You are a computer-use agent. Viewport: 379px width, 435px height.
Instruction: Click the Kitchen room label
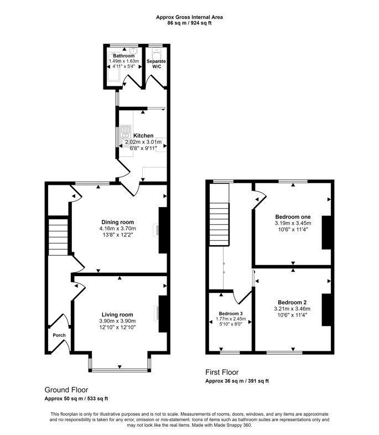click(x=143, y=136)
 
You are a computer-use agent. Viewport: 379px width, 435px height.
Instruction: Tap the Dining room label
click(x=117, y=222)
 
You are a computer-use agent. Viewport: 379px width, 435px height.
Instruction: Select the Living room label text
click(x=117, y=314)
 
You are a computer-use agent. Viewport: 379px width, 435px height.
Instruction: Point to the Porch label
click(x=59, y=335)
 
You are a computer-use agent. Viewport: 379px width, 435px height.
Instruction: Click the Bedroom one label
click(x=293, y=216)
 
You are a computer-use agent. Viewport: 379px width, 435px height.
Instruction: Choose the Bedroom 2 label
click(x=292, y=302)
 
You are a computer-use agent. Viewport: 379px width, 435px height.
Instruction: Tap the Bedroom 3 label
click(x=231, y=313)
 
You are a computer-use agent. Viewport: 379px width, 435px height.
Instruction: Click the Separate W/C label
click(x=157, y=64)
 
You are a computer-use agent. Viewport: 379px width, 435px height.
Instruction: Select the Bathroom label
click(x=123, y=56)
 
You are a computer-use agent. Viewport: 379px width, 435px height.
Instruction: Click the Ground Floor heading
click(x=66, y=390)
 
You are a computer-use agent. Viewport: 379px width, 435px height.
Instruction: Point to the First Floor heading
click(x=222, y=372)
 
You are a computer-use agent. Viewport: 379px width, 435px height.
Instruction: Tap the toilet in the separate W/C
click(x=157, y=54)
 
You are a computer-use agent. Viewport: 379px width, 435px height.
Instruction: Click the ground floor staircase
click(x=58, y=237)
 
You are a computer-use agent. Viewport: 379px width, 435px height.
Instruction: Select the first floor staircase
click(x=219, y=224)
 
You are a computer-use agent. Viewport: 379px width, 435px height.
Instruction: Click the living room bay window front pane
click(x=120, y=370)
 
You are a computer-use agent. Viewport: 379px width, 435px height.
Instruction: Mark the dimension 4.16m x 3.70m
click(x=117, y=229)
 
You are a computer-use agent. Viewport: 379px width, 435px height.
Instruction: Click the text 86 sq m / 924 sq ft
click(x=189, y=23)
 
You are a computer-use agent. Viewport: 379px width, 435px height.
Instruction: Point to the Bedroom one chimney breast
click(x=326, y=232)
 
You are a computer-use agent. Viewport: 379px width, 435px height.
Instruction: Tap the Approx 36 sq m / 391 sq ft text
click(x=237, y=381)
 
